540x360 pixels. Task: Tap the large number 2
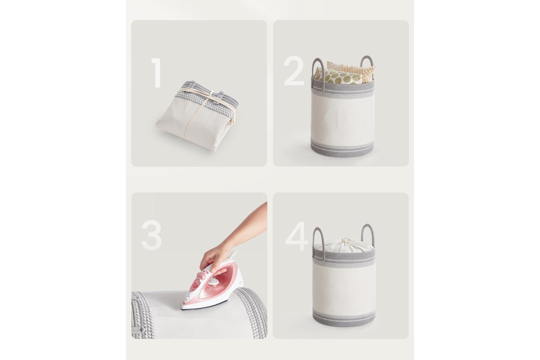tap(294, 71)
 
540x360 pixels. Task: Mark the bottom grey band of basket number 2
tap(343, 149)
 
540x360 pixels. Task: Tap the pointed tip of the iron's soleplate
tap(182, 309)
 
